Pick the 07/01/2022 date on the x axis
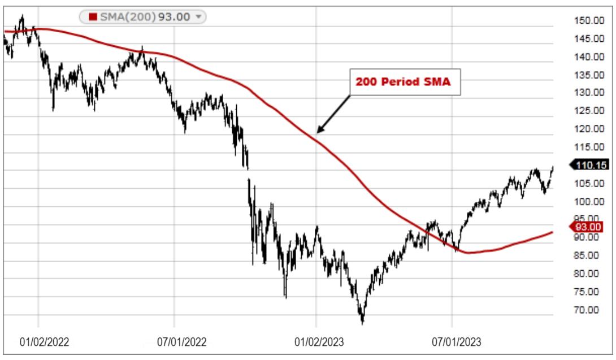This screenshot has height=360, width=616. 182,342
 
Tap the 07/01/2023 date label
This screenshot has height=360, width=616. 457,342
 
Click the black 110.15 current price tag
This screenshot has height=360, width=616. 592,165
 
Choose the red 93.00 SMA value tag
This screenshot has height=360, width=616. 592,227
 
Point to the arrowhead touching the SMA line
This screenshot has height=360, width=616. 318,132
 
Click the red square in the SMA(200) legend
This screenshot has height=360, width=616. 94,17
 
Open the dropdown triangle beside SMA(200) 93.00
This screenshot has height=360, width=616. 198,17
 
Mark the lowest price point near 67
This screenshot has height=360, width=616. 362,323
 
